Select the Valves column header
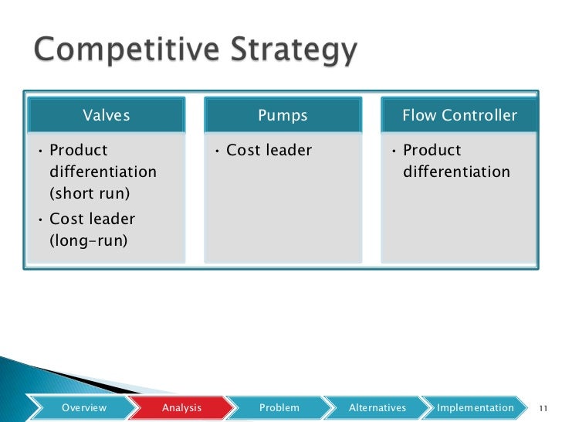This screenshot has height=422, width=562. coord(107,116)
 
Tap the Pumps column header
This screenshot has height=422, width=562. coord(283,116)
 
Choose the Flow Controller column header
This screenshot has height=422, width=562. coord(459,116)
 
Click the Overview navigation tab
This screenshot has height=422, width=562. coord(84,407)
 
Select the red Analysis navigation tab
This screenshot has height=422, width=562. coord(182,407)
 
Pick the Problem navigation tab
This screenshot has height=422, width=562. coord(279,407)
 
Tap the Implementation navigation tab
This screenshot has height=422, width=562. coord(475,407)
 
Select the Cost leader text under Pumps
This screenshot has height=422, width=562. coord(269,151)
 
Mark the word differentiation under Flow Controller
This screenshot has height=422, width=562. coord(456,172)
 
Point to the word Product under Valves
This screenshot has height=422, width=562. coord(79,151)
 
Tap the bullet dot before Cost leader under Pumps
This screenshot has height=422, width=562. coord(218,151)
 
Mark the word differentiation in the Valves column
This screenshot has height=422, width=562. coord(103,172)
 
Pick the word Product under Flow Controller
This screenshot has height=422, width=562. coord(432,151)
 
